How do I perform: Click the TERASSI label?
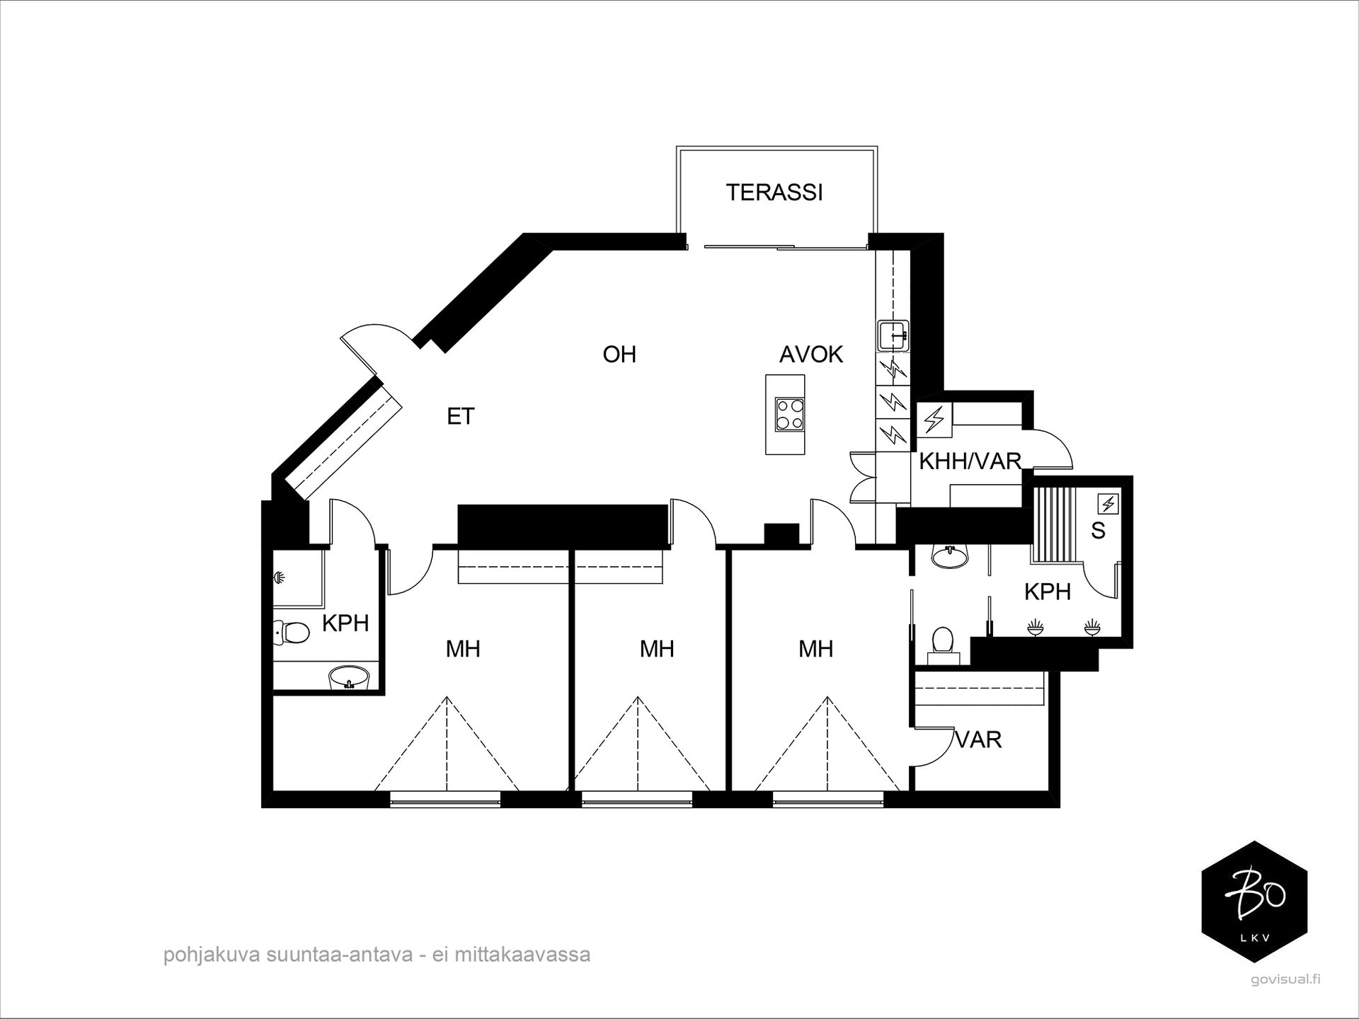click(x=774, y=192)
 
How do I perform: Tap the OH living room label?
click(x=619, y=354)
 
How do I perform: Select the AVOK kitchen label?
click(x=811, y=354)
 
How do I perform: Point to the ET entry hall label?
click(x=460, y=416)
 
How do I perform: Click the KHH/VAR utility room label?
click(x=970, y=461)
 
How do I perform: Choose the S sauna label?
click(x=1098, y=530)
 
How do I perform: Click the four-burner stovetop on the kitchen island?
click(x=789, y=415)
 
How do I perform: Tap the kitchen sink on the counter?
click(x=893, y=335)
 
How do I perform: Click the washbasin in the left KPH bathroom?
click(x=349, y=677)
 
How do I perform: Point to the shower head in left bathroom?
click(x=280, y=578)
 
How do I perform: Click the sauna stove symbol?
click(x=1108, y=504)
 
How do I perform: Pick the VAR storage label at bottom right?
click(x=979, y=739)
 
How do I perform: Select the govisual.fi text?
click(x=1275, y=979)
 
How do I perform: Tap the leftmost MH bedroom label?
click(x=463, y=649)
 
